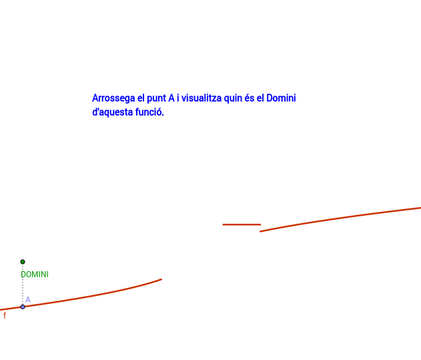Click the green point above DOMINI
pos(23,262)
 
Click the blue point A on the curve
pos(23,307)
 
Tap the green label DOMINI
pos(35,275)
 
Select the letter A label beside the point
pos(28,299)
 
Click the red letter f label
pos(5,315)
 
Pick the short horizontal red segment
pos(242,224)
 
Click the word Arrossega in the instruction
pos(113,98)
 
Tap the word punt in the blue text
pos(156,98)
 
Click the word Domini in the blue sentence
pos(281,98)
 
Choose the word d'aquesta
pos(113,112)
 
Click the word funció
pos(149,112)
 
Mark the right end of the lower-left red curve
pos(161,279)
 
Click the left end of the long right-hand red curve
pos(260,232)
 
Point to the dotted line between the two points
pos(23,284)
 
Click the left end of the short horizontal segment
pos(223,224)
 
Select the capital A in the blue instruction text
pos(171,98)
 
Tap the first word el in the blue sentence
pos(141,98)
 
